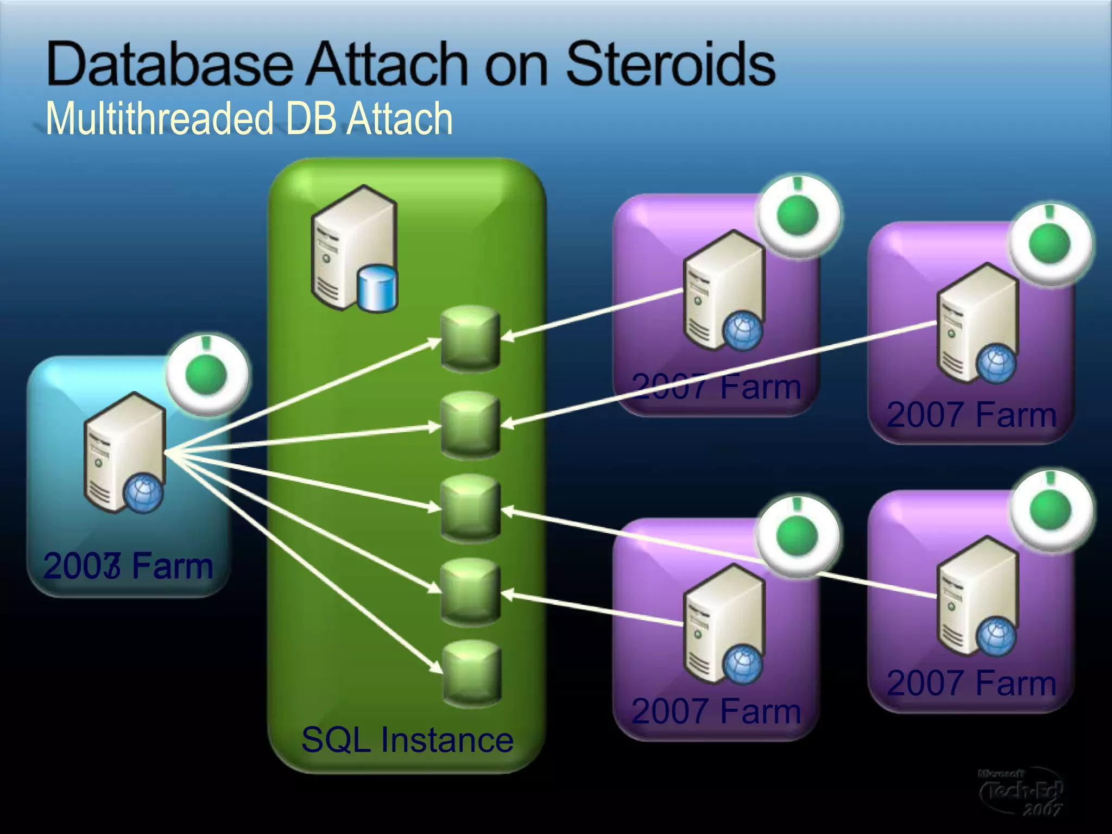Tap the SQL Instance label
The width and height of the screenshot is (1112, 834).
407,740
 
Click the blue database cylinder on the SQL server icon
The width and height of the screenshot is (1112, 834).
378,288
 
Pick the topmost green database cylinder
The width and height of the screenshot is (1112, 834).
470,338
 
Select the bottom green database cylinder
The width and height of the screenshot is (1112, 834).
471,673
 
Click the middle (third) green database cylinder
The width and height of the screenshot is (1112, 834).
470,508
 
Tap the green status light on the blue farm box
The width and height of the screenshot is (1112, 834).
206,375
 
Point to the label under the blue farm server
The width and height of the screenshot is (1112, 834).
128,566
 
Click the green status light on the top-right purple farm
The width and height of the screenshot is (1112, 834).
1050,244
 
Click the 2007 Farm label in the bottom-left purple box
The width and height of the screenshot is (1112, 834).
716,711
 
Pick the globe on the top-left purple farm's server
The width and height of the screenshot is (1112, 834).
743,331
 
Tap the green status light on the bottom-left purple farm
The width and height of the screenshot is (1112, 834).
797,535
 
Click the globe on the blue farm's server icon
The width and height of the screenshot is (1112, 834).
143,494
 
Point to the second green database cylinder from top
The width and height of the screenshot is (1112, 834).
470,425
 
